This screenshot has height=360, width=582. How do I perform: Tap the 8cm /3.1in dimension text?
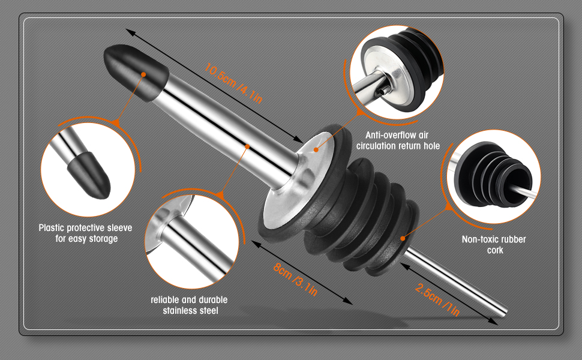(295, 280)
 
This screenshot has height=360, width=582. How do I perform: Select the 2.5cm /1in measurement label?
(437, 300)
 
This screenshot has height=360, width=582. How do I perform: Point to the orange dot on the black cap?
(143, 74)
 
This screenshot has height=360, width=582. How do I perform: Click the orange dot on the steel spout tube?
(247, 146)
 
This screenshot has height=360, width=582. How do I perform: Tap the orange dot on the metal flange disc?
(316, 149)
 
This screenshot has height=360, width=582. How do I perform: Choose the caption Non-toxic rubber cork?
(494, 245)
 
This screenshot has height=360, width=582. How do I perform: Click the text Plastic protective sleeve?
(85, 227)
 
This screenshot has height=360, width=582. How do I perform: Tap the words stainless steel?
(190, 310)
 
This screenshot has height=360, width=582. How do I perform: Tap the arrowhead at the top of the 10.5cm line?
(130, 32)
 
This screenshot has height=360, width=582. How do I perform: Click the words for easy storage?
(86, 239)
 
